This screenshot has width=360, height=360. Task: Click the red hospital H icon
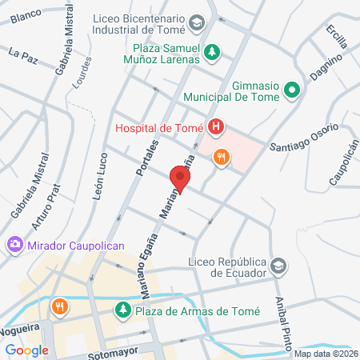tap(215, 126)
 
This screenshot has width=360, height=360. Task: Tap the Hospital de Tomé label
tap(159, 126)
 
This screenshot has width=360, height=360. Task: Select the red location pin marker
tap(180, 179)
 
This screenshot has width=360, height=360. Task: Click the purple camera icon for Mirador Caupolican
tap(14, 244)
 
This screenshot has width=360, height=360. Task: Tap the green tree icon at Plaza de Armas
tap(122, 310)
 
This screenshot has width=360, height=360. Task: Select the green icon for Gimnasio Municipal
tap(291, 91)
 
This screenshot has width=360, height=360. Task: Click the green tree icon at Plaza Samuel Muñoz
tap(211, 53)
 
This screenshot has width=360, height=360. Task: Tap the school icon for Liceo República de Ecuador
tap(278, 266)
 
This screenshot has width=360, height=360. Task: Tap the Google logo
tap(26, 350)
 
